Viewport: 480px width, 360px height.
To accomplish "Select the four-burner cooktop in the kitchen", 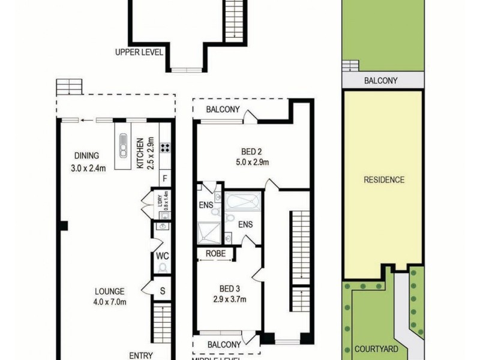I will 164,147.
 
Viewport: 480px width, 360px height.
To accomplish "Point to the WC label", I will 163,256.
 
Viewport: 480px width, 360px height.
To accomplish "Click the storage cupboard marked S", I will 163,290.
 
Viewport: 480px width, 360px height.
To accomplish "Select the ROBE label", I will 215,254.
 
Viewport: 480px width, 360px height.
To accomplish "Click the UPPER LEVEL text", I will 139,52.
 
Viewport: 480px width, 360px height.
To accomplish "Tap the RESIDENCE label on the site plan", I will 383,179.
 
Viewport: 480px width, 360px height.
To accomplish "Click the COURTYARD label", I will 376,349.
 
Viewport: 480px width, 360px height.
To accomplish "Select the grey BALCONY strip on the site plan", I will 383,81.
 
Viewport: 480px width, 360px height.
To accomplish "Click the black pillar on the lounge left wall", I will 63,226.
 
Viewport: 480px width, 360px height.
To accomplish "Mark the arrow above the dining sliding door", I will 88,119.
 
